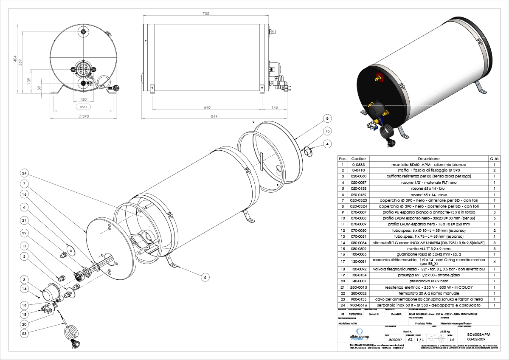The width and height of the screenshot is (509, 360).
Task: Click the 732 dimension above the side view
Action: tap(205, 14)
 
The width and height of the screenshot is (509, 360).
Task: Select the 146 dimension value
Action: tap(274, 107)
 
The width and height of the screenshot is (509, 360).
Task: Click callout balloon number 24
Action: tap(25, 173)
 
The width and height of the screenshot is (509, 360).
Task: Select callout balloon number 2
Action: tap(205, 277)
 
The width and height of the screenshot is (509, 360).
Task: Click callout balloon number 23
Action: tap(25, 334)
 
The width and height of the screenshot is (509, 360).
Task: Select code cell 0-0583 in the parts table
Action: tap(356, 164)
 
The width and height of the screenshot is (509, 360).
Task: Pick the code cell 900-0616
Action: tap(356, 305)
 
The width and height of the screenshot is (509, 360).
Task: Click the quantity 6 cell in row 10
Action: tap(494, 217)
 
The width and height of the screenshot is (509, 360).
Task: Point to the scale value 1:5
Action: tap(451, 340)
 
